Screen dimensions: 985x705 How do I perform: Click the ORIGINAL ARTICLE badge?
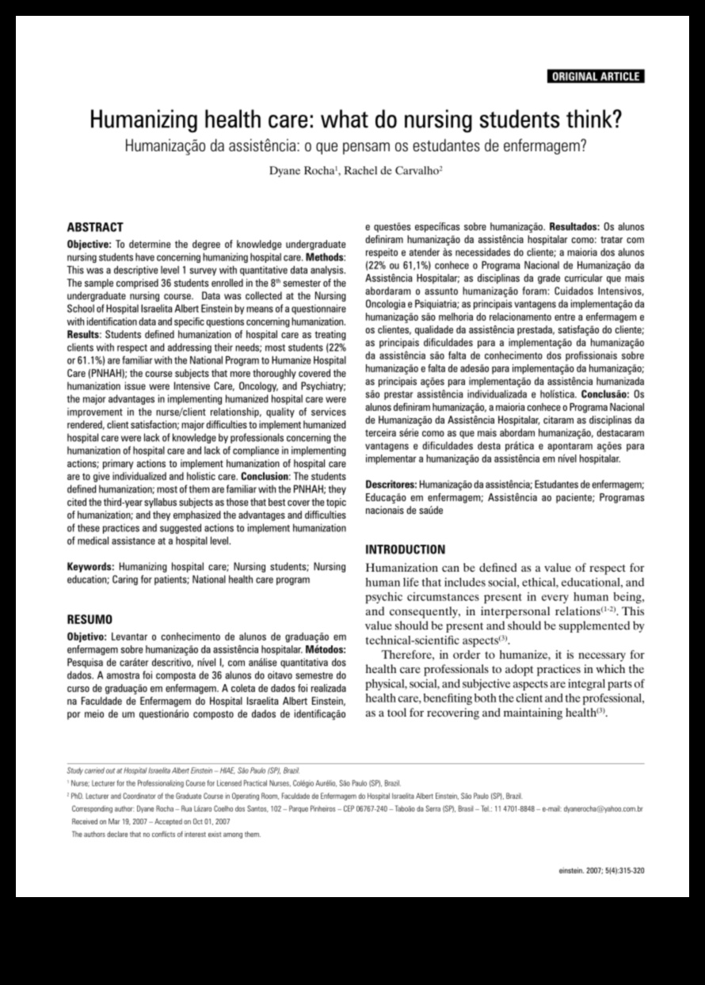pyautogui.click(x=595, y=77)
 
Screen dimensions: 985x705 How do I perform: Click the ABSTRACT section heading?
pyautogui.click(x=94, y=226)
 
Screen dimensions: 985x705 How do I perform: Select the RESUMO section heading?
pyautogui.click(x=90, y=618)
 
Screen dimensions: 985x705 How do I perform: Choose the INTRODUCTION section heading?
pyautogui.click(x=405, y=550)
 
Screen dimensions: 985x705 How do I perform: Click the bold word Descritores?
pyautogui.click(x=391, y=484)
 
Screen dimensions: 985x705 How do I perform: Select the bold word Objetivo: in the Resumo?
pyautogui.click(x=88, y=637)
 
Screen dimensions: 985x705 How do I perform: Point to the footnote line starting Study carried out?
pyautogui.click(x=183, y=770)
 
